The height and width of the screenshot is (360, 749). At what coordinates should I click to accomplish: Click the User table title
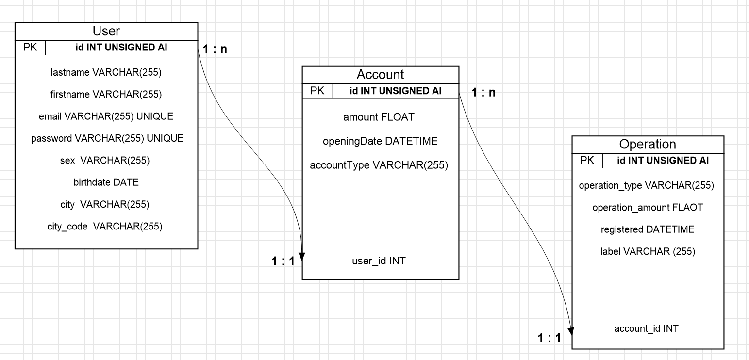106,32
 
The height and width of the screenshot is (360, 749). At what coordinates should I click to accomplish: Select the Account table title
380,75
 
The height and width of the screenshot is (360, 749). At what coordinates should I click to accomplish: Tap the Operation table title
648,144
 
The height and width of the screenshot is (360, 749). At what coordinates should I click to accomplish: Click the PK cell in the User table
30,48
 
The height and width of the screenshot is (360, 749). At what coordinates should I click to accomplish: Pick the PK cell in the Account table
317,91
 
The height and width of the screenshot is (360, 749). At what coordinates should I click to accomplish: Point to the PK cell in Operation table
587,161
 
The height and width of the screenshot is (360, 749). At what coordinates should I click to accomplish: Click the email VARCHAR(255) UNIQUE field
106,116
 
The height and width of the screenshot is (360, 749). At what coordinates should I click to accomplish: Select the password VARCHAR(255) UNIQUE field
107,138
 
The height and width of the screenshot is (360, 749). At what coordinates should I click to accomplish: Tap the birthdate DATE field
106,182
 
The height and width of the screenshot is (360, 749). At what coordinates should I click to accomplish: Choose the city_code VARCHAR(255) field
105,226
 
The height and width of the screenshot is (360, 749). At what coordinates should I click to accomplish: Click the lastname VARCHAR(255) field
106,73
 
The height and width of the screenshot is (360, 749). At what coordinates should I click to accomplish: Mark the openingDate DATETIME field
380,141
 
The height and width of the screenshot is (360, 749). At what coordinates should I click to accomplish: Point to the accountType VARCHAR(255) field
379,165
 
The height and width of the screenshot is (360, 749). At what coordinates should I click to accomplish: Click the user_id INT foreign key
379,261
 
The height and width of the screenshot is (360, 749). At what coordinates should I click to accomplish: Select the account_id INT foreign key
646,328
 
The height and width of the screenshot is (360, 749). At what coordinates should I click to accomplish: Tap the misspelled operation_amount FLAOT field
648,208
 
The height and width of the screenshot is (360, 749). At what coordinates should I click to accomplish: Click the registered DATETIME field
648,229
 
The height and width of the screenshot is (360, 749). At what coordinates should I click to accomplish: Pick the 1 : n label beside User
215,49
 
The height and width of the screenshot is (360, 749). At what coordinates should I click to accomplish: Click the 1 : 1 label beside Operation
549,338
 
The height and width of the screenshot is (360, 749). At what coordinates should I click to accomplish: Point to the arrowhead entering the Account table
302,257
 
